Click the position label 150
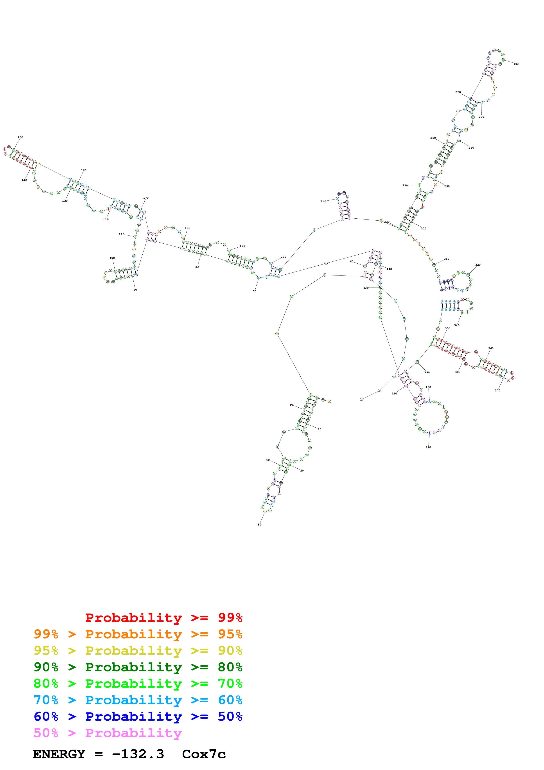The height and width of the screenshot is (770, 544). pyautogui.click(x=20, y=137)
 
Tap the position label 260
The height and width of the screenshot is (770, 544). pyautogui.click(x=517, y=64)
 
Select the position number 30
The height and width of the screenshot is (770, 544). pyautogui.click(x=259, y=525)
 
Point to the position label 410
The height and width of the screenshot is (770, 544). pyautogui.click(x=428, y=447)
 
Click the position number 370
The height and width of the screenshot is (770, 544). pyautogui.click(x=497, y=390)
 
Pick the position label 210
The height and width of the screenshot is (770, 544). pyautogui.click(x=323, y=201)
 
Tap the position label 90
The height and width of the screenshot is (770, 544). pyautogui.click(x=135, y=290)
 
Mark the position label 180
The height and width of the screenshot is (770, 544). pyautogui.click(x=187, y=228)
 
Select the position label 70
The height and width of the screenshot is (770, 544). pyautogui.click(x=254, y=291)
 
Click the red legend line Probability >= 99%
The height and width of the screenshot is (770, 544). pyautogui.click(x=163, y=618)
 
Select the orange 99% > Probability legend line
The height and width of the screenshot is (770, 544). pyautogui.click(x=138, y=634)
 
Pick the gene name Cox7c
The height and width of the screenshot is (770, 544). pyautogui.click(x=204, y=754)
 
